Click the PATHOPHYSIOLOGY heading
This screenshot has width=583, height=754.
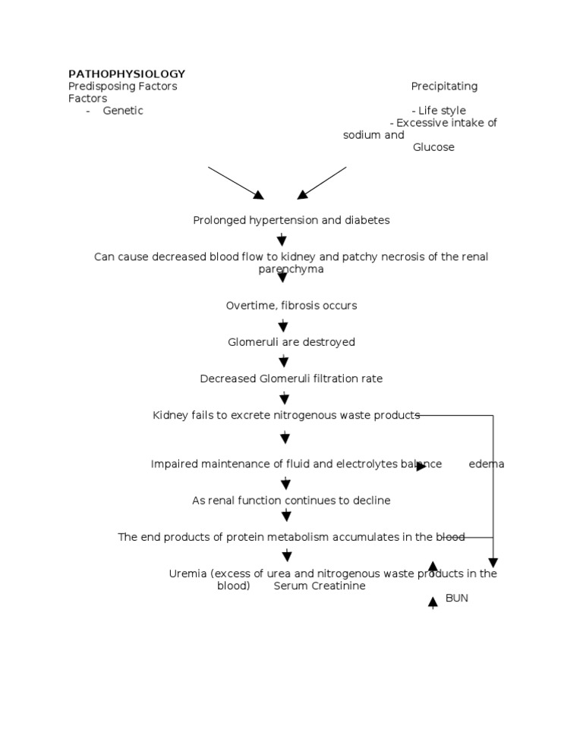point(127,74)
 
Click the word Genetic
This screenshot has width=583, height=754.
point(123,111)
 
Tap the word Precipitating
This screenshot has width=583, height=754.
point(444,86)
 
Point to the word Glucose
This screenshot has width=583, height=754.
point(433,147)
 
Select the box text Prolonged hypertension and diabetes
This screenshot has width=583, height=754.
point(291,220)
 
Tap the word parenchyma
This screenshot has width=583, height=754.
point(291,269)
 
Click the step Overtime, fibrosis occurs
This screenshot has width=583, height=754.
point(291,306)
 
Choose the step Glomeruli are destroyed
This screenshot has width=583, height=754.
point(291,342)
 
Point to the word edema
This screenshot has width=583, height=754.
point(487,464)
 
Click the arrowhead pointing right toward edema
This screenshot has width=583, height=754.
point(421,466)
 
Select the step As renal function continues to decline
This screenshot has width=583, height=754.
point(291,501)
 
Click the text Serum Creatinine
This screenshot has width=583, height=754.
point(320,586)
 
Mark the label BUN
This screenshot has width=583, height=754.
point(457,598)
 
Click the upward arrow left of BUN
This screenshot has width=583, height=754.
point(433,603)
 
